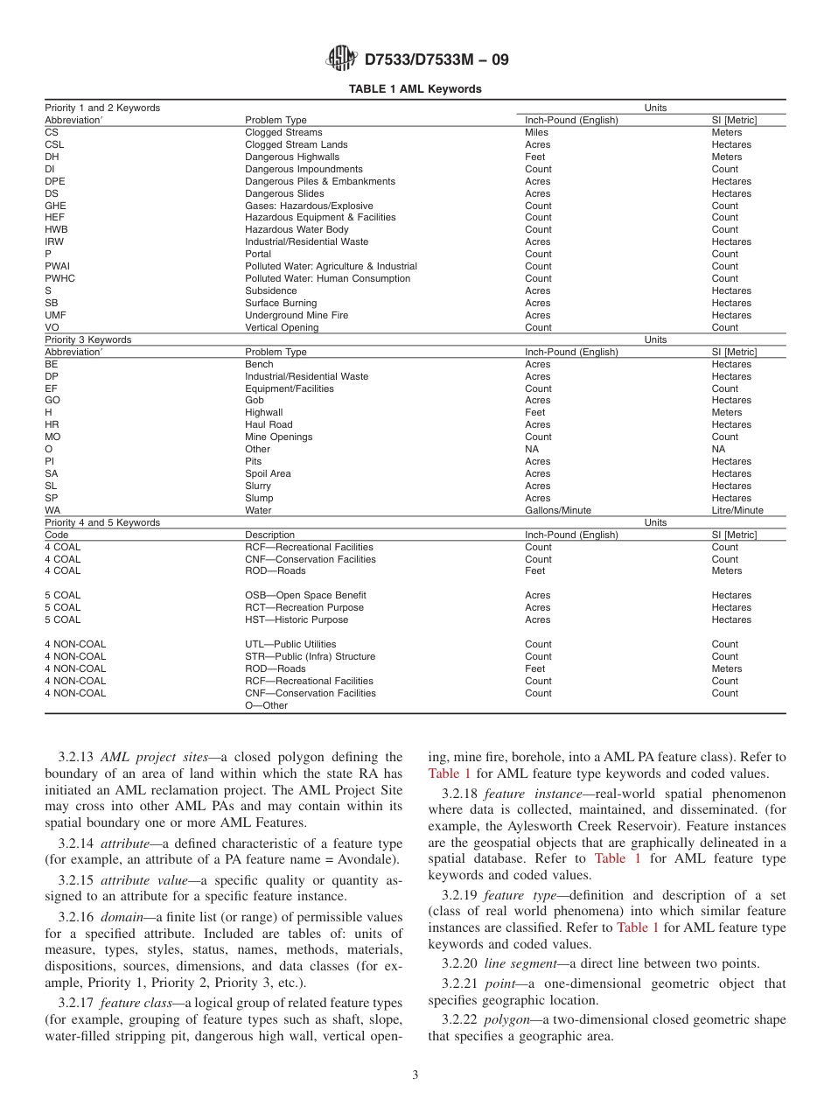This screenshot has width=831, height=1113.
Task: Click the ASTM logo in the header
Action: tap(341, 59)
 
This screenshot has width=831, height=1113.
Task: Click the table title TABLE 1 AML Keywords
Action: tap(415, 89)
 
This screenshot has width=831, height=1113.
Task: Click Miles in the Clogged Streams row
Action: tap(536, 133)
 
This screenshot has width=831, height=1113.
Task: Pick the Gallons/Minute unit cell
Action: tap(557, 510)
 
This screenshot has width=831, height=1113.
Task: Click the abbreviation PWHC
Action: tap(59, 278)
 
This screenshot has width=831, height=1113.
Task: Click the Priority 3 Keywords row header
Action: tap(87, 339)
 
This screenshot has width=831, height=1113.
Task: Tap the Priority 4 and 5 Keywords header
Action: tap(102, 522)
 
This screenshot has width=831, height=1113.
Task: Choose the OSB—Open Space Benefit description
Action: tap(305, 595)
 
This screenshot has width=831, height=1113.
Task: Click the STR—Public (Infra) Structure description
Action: tap(310, 656)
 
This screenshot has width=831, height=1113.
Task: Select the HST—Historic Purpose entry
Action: tap(296, 619)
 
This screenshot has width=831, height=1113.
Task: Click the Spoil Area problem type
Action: tap(268, 473)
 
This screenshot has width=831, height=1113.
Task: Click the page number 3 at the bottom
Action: tap(415, 1075)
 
